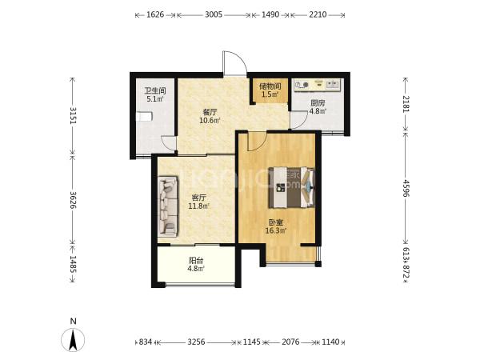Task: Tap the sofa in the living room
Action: coord(168,206)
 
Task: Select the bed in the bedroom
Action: coord(291,187)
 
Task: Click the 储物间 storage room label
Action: coord(270,86)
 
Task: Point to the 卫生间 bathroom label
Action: coord(155,91)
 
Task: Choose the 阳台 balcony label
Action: coord(196,261)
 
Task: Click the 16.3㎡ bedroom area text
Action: coord(276,230)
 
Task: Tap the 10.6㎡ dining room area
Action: coord(210,120)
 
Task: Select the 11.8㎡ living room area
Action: coord(199,206)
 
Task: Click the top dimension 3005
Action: coord(214,14)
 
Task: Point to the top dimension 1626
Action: coord(155,14)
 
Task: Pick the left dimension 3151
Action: coord(73,115)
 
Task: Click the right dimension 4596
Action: coord(406,188)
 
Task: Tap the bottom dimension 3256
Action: coord(196,342)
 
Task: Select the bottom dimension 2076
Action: coord(290,342)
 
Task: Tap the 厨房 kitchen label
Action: coord(318,103)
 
